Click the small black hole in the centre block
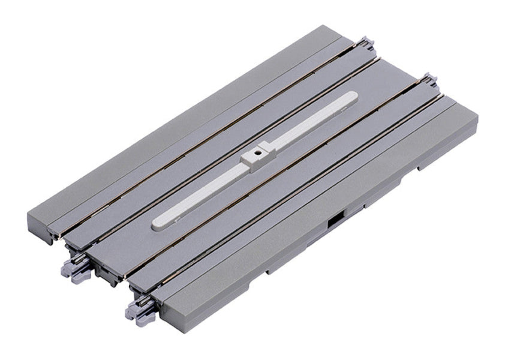point(257,153)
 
